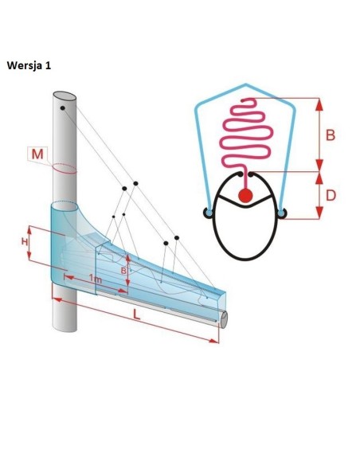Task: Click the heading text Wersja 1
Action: point(29,65)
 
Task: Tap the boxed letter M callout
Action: point(37,154)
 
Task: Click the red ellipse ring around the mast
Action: point(65,169)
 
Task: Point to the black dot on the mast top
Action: point(63,108)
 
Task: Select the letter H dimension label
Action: point(25,242)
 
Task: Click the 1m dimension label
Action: point(96,279)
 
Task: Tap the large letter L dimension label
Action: point(136,314)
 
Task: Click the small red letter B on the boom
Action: point(124,271)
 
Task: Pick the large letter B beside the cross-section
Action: point(331,135)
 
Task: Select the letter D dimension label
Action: point(331,195)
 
